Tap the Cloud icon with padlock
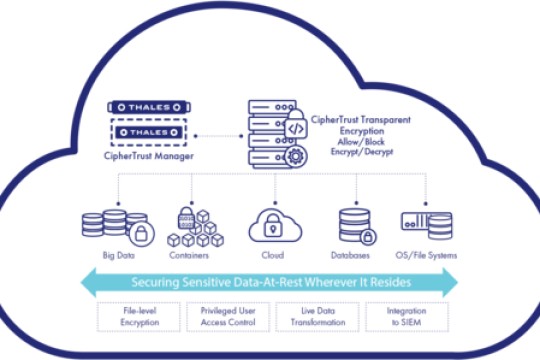[x=271, y=225]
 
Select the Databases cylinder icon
[x=355, y=227]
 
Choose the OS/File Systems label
[x=429, y=256]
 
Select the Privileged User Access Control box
[x=225, y=317]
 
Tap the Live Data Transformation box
[x=313, y=317]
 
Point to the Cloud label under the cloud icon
[x=271, y=256]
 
